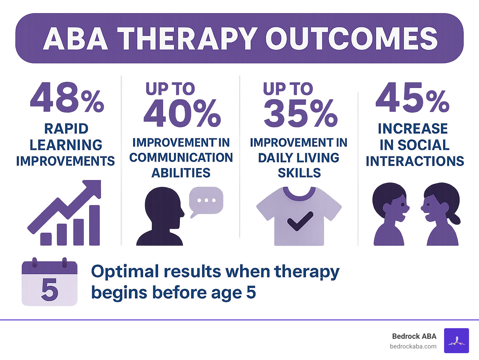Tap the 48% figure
tap(67, 98)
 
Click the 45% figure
tap(412, 98)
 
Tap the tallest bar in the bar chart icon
tap(94, 225)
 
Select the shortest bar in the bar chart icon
tap(46, 239)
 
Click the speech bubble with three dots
tap(206, 201)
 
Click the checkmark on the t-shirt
tap(300, 221)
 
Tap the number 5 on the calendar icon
tap(50, 289)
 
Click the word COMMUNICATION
tap(181, 158)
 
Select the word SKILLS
tap(299, 173)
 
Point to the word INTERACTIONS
tap(415, 161)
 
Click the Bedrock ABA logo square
tap(456, 341)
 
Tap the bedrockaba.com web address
tap(413, 346)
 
